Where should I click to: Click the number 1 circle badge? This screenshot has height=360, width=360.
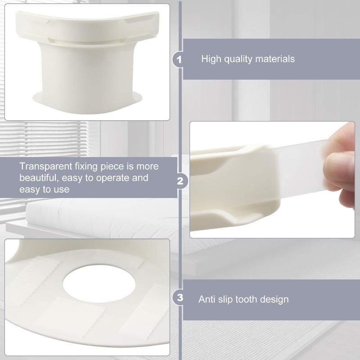click(x=180, y=59)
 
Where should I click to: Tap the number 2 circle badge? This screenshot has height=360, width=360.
click(x=180, y=181)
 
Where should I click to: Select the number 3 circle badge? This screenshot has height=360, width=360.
click(x=180, y=297)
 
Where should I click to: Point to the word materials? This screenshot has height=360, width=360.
click(x=275, y=59)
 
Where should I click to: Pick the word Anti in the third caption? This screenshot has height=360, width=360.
click(x=207, y=299)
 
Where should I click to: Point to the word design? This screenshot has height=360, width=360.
click(x=274, y=300)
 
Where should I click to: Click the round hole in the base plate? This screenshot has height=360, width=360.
click(x=99, y=284)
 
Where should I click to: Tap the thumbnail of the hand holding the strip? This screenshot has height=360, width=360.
click(x=272, y=180)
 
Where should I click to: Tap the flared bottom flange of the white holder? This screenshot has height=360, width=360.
click(x=87, y=102)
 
